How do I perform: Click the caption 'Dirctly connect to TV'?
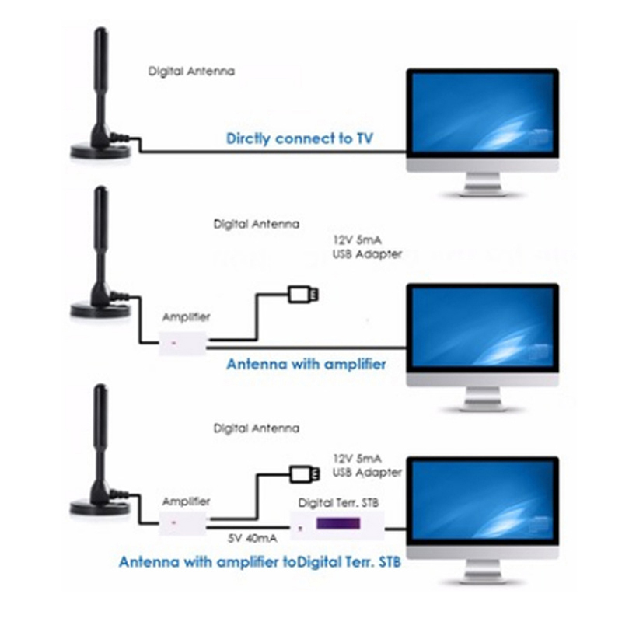[299, 139]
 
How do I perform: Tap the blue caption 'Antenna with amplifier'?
[306, 363]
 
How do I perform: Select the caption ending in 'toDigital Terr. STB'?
[260, 561]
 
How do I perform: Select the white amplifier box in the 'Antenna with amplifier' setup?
[183, 341]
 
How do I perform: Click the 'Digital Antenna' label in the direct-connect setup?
[191, 72]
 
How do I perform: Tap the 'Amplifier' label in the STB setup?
[186, 501]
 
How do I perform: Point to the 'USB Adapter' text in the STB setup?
[366, 472]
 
